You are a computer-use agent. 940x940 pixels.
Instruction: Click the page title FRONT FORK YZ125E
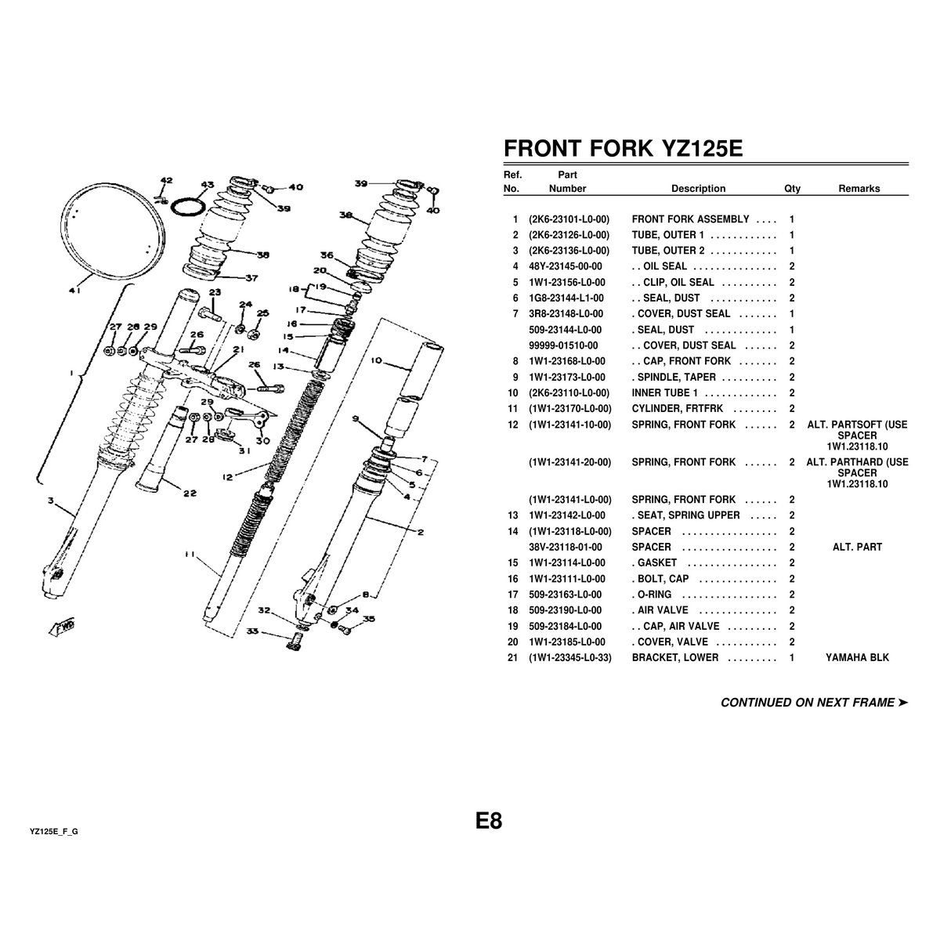tap(622, 150)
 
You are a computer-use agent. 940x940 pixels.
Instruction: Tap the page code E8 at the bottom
tap(488, 821)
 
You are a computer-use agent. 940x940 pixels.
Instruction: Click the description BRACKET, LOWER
tap(674, 657)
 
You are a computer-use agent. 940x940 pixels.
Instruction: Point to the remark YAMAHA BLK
tap(857, 657)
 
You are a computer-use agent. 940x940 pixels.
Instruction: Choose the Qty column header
tap(792, 188)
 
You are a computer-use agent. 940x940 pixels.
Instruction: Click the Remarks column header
tap(859, 188)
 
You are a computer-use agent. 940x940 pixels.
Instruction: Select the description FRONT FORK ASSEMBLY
tap(690, 219)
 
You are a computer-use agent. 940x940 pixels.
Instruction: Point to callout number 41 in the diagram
tap(74, 291)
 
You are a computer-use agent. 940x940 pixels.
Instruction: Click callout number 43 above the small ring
tap(207, 186)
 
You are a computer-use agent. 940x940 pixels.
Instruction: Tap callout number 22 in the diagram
tap(190, 493)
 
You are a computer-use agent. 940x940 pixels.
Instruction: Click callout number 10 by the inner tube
tap(376, 361)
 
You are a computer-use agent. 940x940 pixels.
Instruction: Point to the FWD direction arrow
tap(60, 627)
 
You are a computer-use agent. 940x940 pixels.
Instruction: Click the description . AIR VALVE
tap(660, 610)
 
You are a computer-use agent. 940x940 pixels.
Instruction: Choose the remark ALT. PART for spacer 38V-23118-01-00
tap(857, 547)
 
